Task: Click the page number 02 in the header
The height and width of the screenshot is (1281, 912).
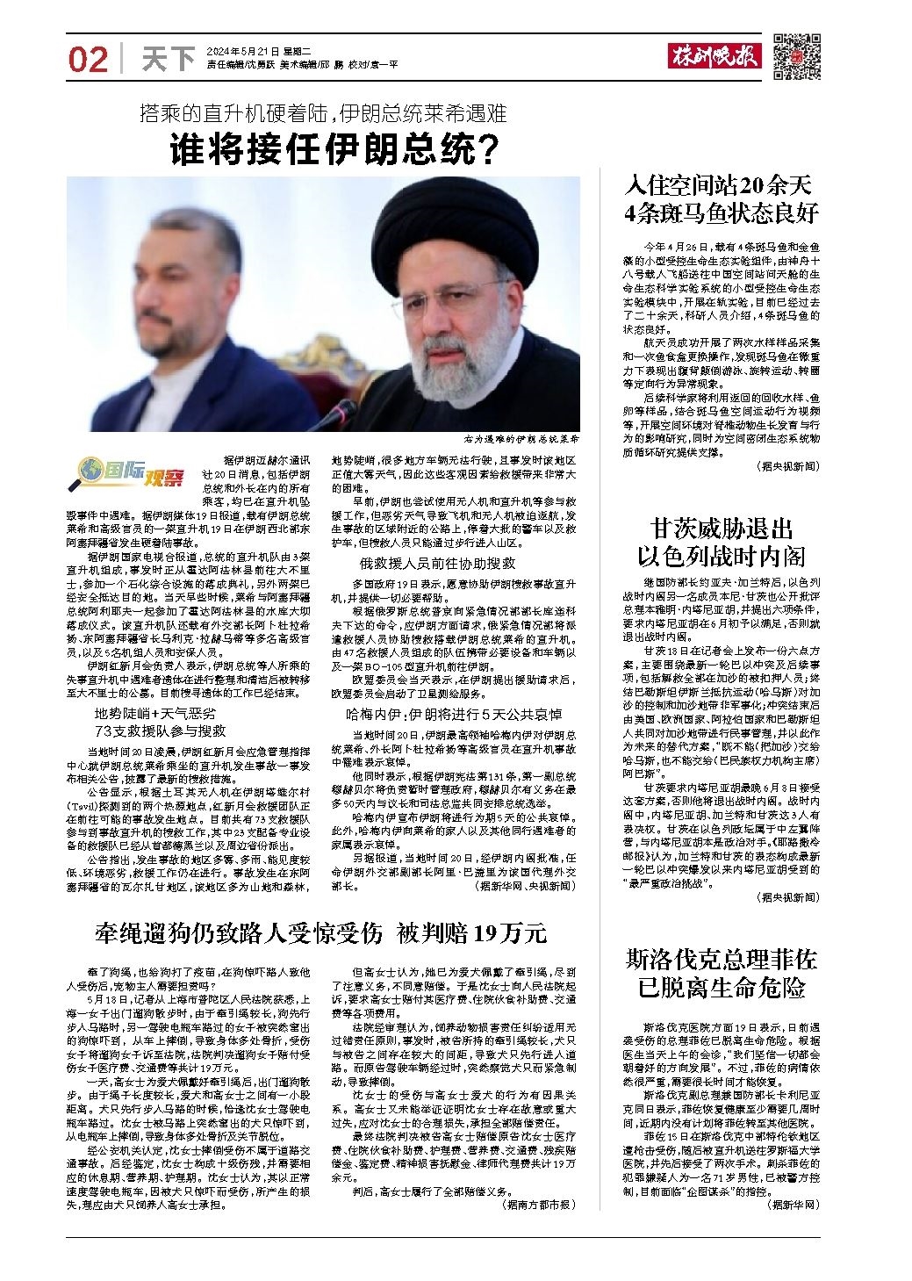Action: (x=88, y=60)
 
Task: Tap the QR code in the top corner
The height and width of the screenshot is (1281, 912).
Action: (x=796, y=57)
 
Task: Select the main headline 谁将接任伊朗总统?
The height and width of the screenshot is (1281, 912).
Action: (x=334, y=149)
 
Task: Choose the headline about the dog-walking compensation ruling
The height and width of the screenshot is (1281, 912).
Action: (x=320, y=932)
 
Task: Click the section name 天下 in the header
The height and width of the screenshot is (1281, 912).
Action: (x=168, y=60)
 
